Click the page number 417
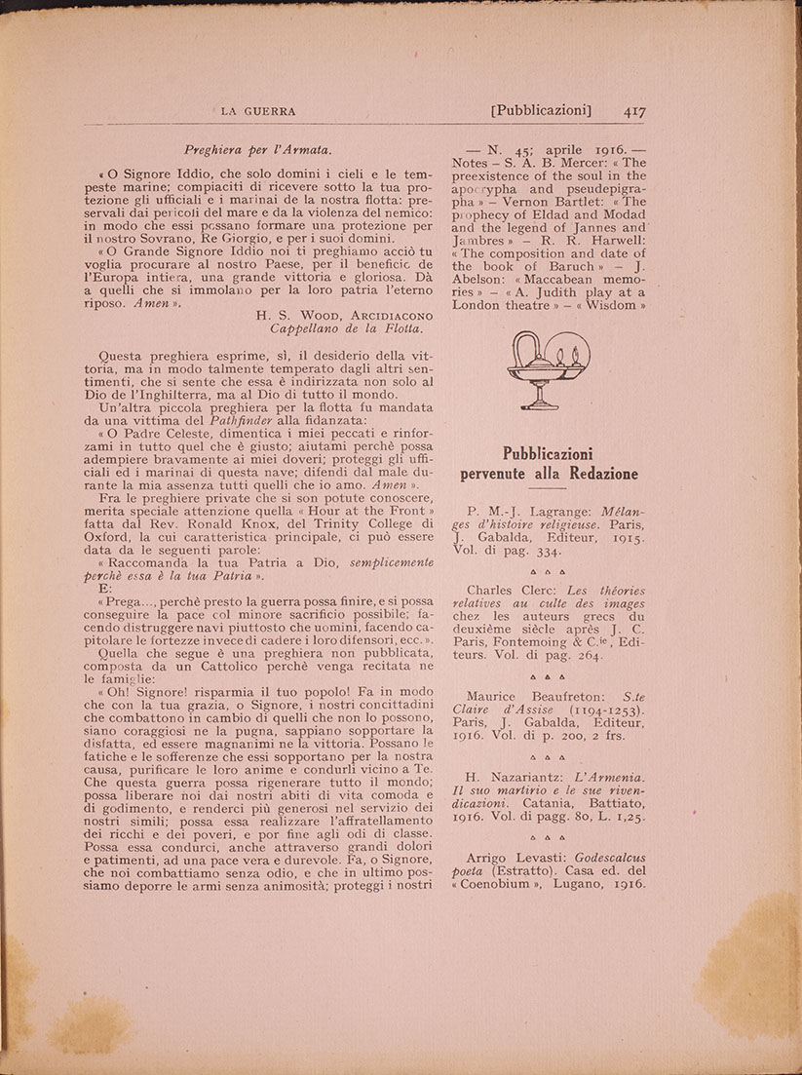tap(634, 111)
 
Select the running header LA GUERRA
tap(258, 111)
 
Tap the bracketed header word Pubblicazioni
tap(542, 111)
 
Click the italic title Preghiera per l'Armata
tap(258, 150)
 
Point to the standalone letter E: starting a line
tap(105, 590)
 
